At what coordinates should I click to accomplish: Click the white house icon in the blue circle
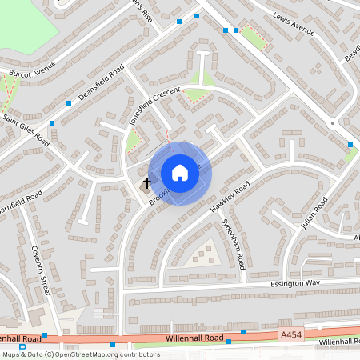pyautogui.click(x=180, y=173)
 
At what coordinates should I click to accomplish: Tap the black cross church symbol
pyautogui.click(x=146, y=183)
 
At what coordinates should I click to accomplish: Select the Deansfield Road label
pyautogui.click(x=102, y=85)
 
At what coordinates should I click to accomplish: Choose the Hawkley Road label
pyautogui.click(x=230, y=195)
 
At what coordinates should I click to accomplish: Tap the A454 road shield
pyautogui.click(x=292, y=331)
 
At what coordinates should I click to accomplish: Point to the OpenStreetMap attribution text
pyautogui.click(x=80, y=354)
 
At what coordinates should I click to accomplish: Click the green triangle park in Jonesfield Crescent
pyautogui.click(x=198, y=94)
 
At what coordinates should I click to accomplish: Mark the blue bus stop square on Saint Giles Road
pyautogui.click(x=52, y=124)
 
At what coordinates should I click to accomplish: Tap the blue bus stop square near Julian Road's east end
pyautogui.click(x=350, y=145)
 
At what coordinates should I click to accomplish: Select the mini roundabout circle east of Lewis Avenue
pyautogui.click(x=331, y=123)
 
